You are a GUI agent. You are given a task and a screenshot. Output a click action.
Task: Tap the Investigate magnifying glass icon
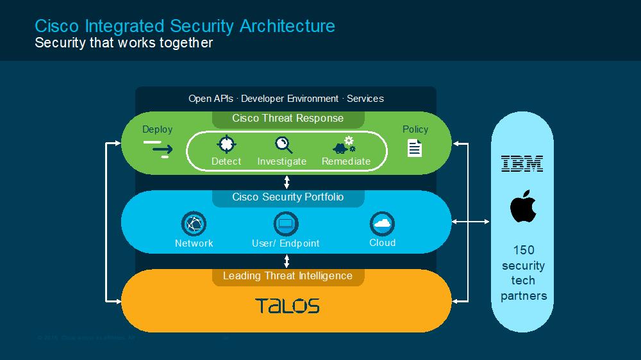click(283, 144)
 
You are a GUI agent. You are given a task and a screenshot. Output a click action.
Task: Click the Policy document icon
click(415, 148)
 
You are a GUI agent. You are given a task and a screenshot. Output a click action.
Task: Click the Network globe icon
click(194, 224)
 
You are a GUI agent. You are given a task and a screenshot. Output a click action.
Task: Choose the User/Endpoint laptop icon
click(286, 224)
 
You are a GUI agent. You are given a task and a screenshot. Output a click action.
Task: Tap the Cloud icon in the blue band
click(382, 224)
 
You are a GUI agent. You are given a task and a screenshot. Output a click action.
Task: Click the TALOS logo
click(287, 306)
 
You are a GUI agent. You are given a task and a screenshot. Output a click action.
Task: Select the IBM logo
click(522, 163)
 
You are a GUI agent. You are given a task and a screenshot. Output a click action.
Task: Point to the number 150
click(523, 250)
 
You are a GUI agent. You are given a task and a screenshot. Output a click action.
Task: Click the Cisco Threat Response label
click(288, 119)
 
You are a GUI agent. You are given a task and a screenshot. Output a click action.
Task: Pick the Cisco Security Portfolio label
click(288, 197)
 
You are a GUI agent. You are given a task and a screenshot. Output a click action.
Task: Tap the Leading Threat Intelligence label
click(288, 276)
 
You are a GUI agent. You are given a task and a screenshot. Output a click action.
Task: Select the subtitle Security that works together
click(124, 43)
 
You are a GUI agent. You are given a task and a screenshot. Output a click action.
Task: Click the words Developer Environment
click(290, 99)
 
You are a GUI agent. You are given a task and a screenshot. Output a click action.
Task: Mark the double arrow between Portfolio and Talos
click(287, 261)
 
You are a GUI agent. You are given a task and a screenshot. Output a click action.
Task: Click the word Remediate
click(346, 161)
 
